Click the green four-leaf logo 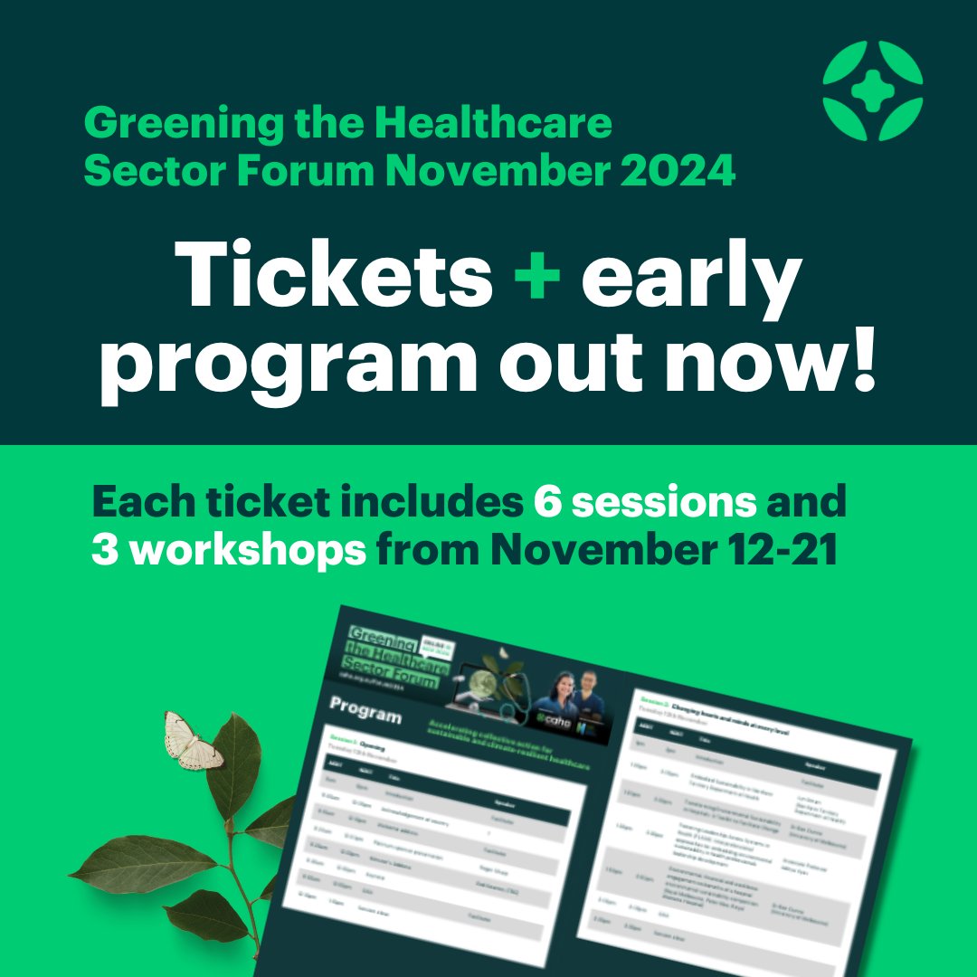pos(872,90)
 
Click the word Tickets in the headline pos(335,273)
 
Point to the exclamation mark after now pos(862,360)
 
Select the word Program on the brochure pos(365,712)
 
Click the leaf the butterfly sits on pos(233,775)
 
